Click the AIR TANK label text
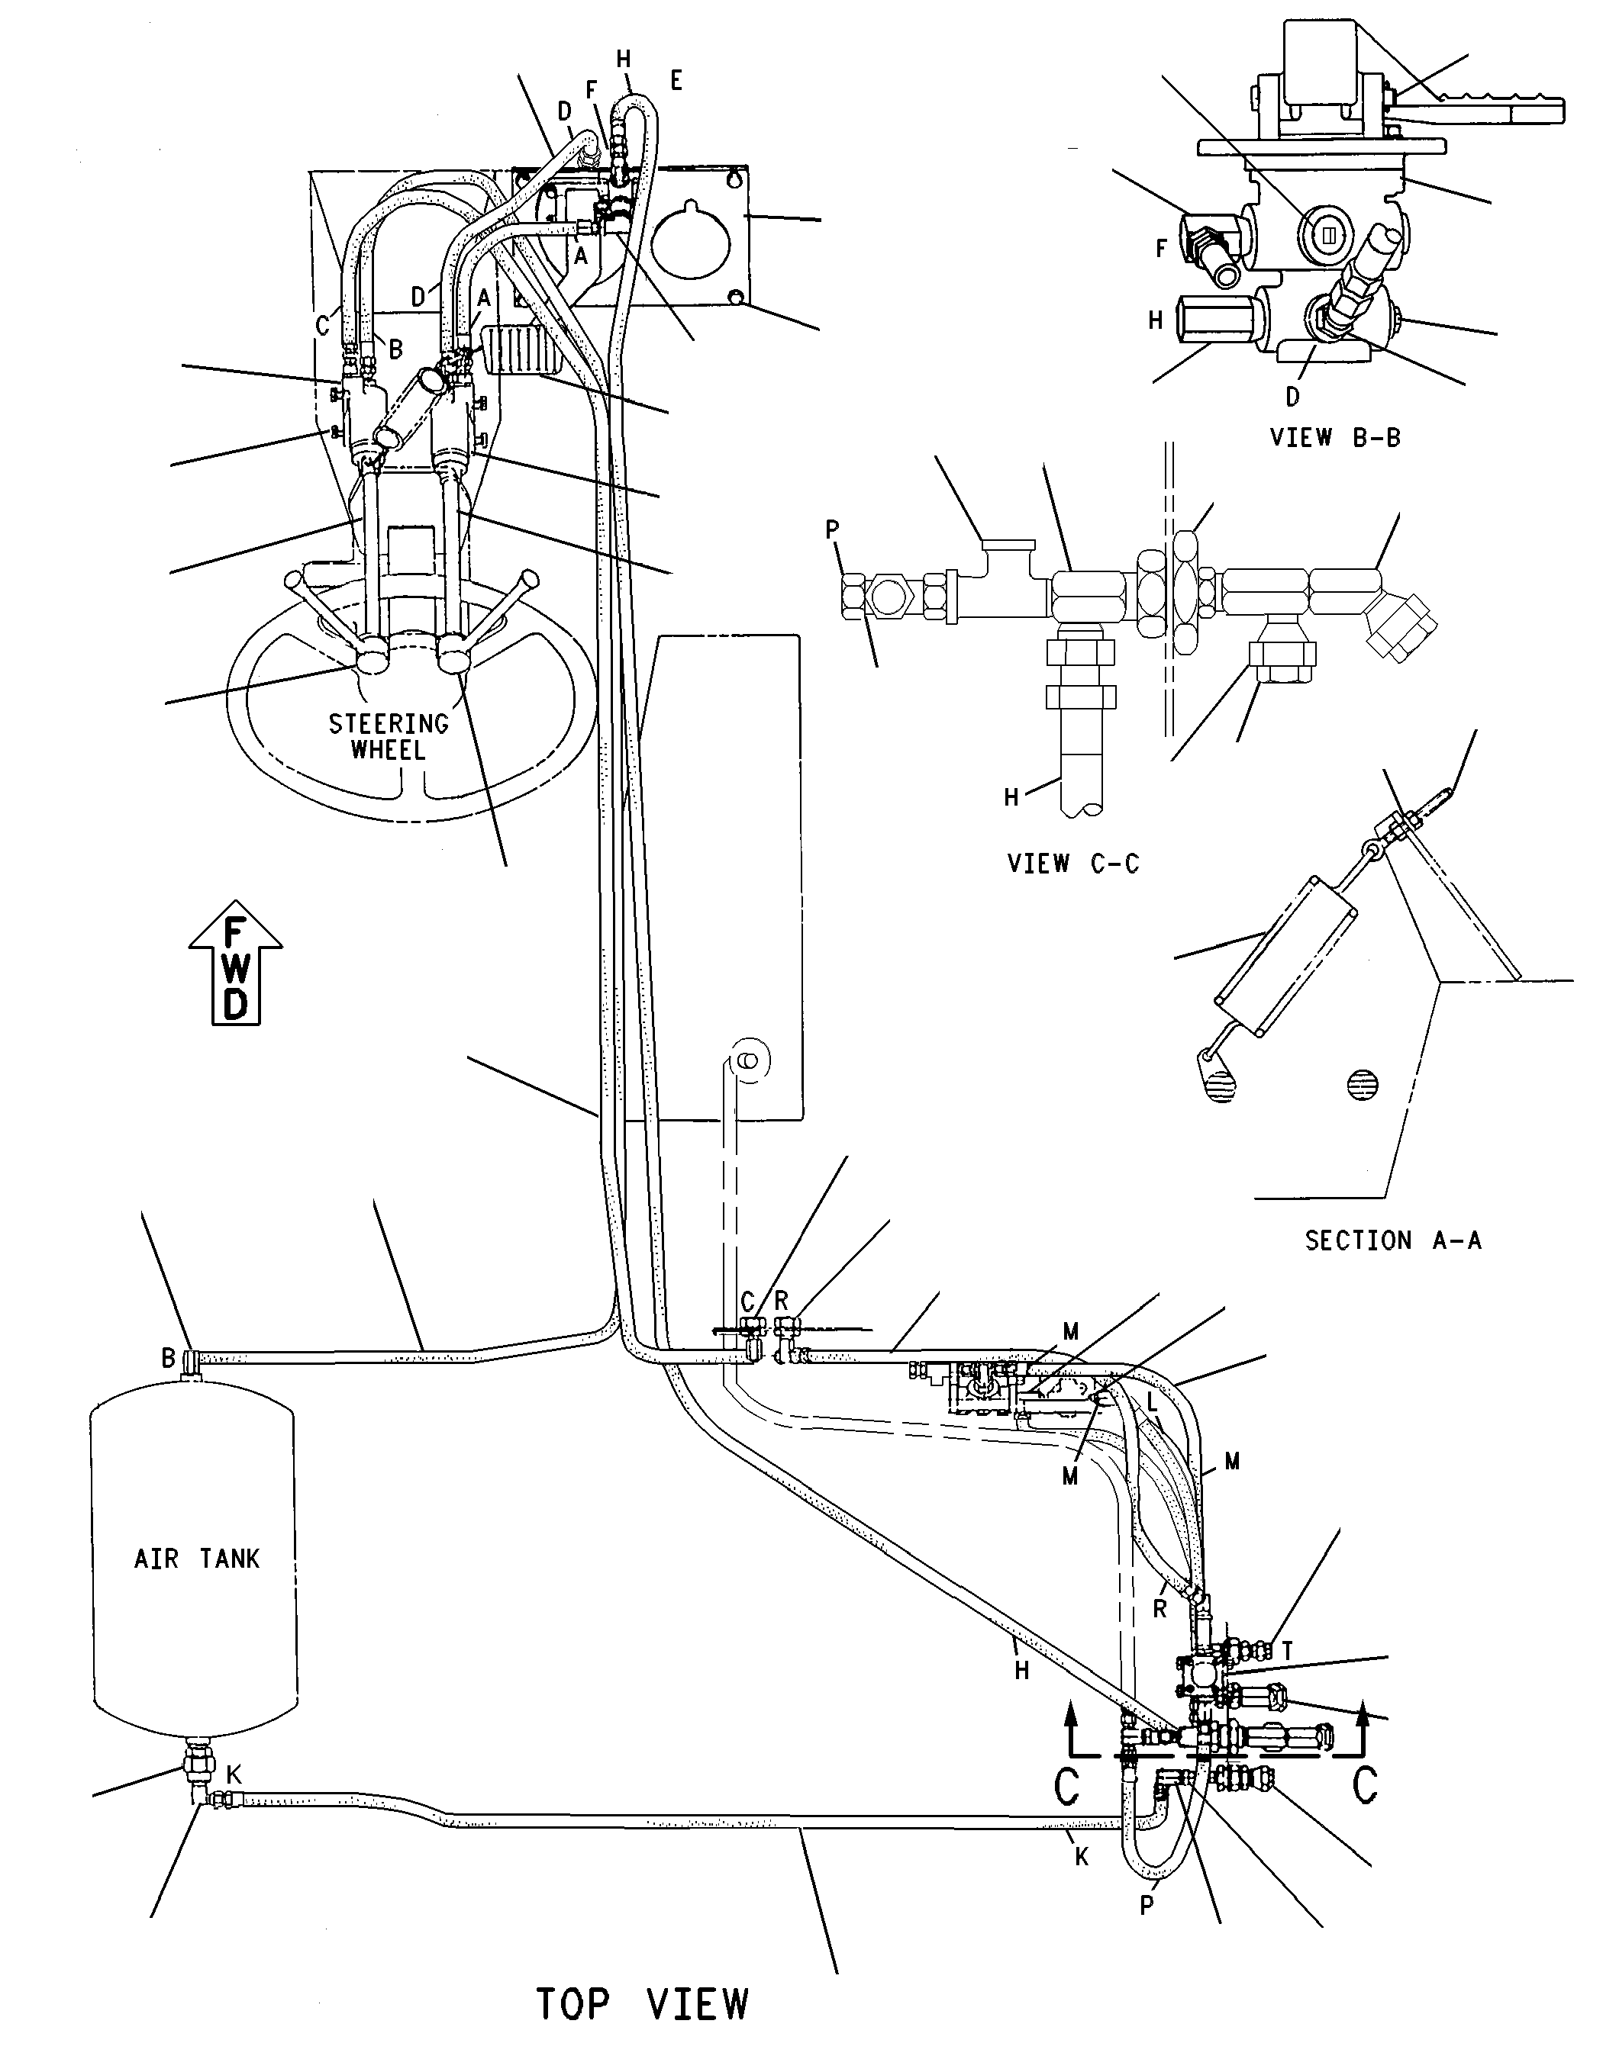[196, 1559]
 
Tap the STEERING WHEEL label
[389, 736]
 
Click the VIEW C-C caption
[1072, 864]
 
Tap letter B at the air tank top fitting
[168, 1359]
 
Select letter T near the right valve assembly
[1287, 1652]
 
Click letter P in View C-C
[832, 529]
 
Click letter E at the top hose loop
[676, 81]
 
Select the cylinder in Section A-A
[1286, 958]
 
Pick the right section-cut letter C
[1365, 1785]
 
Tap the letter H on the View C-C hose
[1011, 798]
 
